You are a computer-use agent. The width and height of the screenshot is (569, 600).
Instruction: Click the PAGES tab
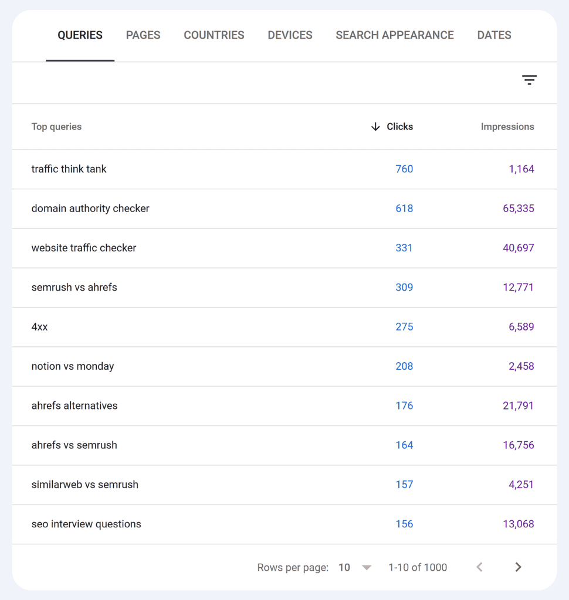[143, 35]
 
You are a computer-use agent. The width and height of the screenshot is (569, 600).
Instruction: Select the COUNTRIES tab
[214, 35]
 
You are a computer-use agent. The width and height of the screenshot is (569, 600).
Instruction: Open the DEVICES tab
[290, 35]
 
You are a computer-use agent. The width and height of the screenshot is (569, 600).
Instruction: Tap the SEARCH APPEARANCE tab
[395, 35]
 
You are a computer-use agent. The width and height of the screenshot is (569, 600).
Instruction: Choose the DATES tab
[494, 35]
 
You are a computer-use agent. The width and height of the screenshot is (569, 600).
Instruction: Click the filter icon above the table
[529, 80]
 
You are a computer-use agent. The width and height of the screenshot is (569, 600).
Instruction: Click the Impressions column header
[507, 127]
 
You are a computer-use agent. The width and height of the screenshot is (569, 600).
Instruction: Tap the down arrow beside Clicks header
[375, 127]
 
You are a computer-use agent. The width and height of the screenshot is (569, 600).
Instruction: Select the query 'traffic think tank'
[69, 169]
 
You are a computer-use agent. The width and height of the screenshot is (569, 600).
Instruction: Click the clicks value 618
[404, 209]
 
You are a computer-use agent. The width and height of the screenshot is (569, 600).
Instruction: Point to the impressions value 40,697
[519, 248]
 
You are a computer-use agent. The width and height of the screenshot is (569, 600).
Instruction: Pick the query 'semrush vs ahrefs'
[74, 287]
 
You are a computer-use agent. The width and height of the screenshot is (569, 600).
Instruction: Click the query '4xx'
[40, 327]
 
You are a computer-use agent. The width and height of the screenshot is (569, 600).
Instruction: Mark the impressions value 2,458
[521, 366]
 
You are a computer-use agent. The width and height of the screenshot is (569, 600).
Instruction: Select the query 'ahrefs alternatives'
[74, 405]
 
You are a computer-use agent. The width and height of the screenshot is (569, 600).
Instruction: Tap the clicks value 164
[404, 445]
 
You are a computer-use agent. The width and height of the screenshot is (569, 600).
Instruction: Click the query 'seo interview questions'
[86, 524]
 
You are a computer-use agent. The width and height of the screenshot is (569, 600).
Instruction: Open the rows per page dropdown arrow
[367, 567]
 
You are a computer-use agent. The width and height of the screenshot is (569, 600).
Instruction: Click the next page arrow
[518, 567]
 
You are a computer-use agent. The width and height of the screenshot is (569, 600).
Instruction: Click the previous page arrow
[480, 567]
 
